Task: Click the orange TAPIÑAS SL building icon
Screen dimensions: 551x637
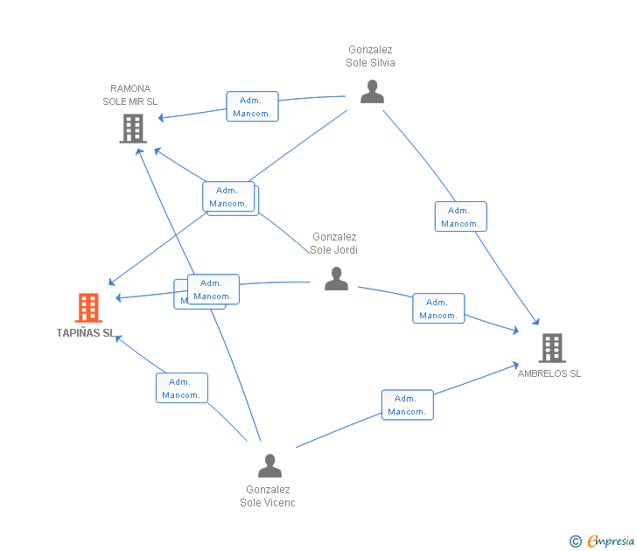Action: (x=88, y=308)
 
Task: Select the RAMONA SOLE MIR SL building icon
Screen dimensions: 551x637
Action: (x=132, y=129)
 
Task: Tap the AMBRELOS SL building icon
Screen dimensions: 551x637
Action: (x=551, y=348)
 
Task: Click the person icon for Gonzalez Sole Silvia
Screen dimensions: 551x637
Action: (x=372, y=91)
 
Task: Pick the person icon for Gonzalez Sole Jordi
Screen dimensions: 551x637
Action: (x=336, y=279)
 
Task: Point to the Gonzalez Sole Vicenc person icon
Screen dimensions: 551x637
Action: (x=269, y=465)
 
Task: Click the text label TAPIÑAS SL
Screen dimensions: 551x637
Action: (x=85, y=333)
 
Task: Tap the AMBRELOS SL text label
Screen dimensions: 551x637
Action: (x=549, y=373)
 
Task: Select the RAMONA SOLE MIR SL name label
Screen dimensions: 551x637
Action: (x=130, y=94)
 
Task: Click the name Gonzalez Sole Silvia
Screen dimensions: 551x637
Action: (x=371, y=57)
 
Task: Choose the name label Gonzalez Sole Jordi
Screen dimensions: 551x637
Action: (x=334, y=243)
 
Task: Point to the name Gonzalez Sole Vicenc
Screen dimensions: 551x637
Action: (x=268, y=496)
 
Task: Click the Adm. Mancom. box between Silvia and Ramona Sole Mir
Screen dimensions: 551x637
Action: (x=252, y=107)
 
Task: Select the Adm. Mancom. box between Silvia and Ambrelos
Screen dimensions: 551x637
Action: (x=460, y=217)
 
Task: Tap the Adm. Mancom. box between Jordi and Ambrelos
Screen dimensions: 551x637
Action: (x=438, y=309)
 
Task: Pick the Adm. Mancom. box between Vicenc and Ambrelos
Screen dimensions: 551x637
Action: (x=407, y=405)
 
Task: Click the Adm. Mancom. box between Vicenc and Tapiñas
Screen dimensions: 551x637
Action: (x=182, y=388)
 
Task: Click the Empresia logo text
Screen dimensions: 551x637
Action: (x=610, y=541)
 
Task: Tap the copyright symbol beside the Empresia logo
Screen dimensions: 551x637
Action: (x=576, y=541)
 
